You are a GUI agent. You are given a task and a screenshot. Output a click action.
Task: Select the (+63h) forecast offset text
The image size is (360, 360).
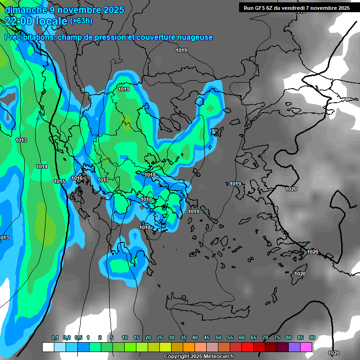pos(81,21)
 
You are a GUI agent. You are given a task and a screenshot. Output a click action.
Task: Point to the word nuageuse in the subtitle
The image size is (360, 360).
pos(196,37)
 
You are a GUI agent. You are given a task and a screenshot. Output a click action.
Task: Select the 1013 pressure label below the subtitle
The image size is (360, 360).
pos(21,141)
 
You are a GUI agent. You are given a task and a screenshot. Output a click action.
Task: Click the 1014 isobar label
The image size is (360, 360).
pos(42,166)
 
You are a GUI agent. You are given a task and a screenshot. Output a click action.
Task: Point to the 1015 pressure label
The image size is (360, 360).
pos(60,181)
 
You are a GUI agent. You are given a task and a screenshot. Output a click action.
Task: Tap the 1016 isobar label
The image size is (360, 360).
pos(77,179)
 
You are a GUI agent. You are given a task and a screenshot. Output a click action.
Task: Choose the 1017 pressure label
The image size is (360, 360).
pos(103,180)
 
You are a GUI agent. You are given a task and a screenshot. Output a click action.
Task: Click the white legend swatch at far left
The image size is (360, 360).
pos(48,347)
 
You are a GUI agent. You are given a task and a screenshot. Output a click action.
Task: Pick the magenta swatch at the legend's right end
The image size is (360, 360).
pos(306,347)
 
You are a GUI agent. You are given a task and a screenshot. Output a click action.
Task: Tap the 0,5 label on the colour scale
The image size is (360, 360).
pos(78,338)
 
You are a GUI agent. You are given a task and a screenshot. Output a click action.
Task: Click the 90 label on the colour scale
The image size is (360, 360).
pos(312,338)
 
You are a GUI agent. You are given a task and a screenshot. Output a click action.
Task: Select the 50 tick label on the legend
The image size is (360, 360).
pos(218,338)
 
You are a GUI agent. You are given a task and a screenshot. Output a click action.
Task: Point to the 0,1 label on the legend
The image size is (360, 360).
pos(55,338)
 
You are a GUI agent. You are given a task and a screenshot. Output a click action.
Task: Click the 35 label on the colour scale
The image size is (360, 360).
pos(183,338)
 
